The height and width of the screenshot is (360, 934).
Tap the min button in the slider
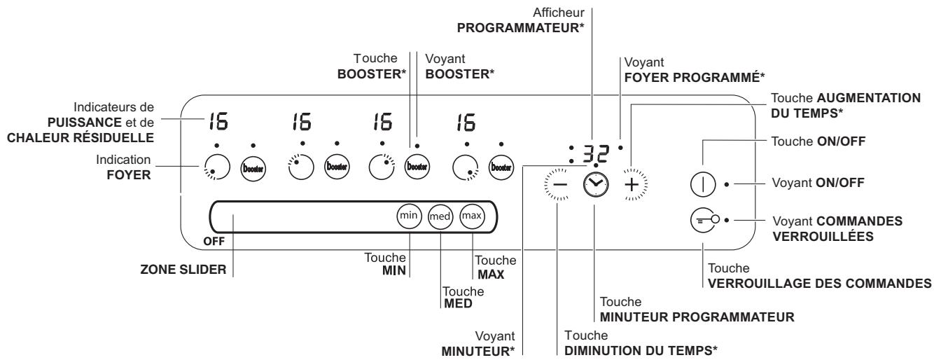[x=407, y=216]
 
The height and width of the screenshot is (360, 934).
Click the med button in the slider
[x=439, y=216]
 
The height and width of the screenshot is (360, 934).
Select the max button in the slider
[x=471, y=216]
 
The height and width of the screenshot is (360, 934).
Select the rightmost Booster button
[x=500, y=169]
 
